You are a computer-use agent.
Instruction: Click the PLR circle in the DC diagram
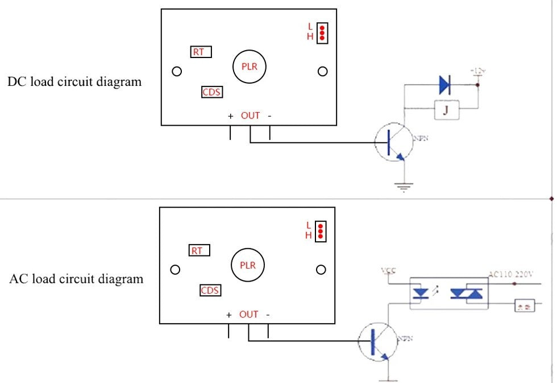point(249,67)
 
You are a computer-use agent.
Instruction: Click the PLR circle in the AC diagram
point(248,265)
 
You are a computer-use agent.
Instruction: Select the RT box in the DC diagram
point(200,52)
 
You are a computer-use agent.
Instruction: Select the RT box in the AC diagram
point(198,250)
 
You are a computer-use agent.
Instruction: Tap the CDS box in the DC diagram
point(211,92)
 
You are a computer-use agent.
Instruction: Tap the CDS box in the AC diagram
point(210,291)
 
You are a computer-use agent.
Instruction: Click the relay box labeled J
point(447,110)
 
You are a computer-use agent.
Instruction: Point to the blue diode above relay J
point(444,85)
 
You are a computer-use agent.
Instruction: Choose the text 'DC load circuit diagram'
point(74,81)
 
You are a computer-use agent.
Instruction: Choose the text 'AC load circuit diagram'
point(76,279)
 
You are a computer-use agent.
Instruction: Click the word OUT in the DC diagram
point(250,116)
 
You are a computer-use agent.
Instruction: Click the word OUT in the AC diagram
point(248,314)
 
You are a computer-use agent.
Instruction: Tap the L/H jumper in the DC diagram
point(322,32)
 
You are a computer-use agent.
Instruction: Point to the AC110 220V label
point(511,274)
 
